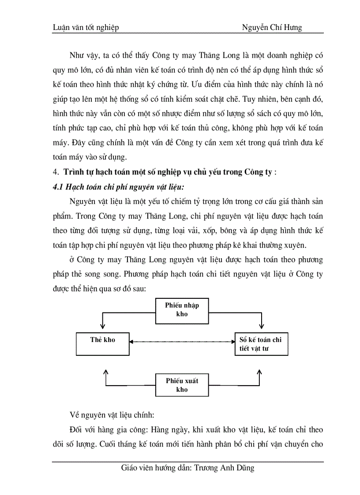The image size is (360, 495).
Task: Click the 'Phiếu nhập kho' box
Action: click(182, 310)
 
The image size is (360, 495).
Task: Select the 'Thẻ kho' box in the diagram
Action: click(102, 344)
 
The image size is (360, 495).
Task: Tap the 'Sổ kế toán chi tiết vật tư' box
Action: click(261, 344)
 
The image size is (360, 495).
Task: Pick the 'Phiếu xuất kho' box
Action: click(182, 385)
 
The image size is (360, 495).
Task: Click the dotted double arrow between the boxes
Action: click(181, 341)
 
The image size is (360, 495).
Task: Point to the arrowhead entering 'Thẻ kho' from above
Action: click(102, 326)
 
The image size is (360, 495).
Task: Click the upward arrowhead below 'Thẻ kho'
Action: click(105, 372)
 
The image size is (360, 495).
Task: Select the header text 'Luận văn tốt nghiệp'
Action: click(86, 28)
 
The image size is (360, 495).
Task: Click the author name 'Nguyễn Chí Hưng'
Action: click(272, 28)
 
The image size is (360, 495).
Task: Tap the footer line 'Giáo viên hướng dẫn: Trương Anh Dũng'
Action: click(187, 468)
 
